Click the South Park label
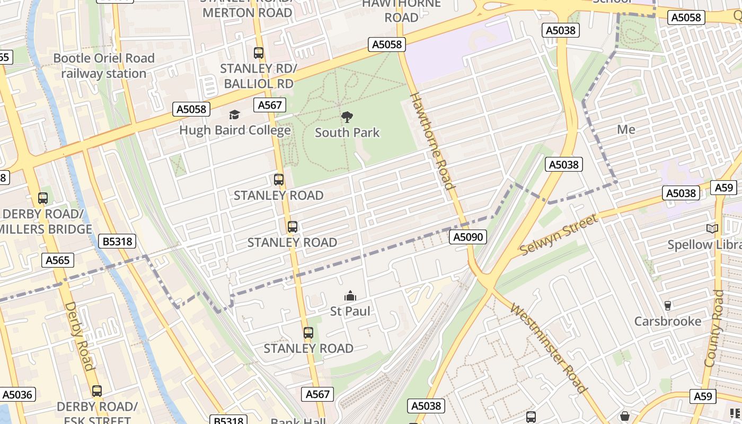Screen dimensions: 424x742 coord(347,132)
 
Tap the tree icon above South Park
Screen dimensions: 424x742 coord(347,117)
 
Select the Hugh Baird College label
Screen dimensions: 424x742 coord(235,130)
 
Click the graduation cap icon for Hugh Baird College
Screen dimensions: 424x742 coord(234,114)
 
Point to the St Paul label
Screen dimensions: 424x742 coord(350,311)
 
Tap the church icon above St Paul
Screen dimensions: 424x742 coord(350,296)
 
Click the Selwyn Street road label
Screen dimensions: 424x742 coord(559,234)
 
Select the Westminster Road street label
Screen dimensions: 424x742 coord(549,348)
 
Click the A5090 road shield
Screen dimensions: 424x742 coord(468,237)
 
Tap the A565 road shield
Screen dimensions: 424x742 coord(58,260)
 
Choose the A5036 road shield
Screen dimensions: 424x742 coord(17,394)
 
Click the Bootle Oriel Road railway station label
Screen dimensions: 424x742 coord(104,66)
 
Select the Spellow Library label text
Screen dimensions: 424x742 coord(704,245)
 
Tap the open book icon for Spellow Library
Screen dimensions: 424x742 coord(712,229)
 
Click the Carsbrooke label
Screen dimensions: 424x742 coord(667,321)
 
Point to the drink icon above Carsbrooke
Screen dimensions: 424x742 coord(667,306)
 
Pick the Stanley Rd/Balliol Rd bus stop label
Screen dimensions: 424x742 coord(258,76)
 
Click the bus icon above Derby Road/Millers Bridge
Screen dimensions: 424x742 coord(43,198)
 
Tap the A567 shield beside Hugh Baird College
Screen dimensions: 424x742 coord(270,105)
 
